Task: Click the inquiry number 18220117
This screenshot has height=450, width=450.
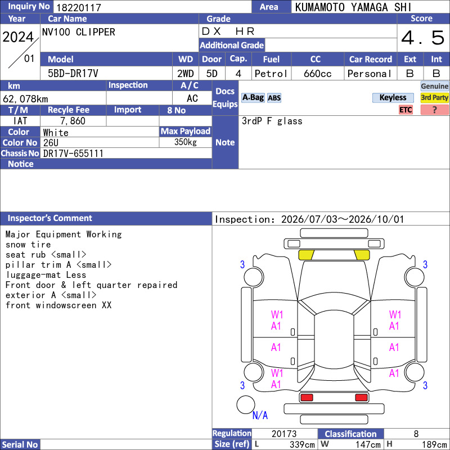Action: (79, 7)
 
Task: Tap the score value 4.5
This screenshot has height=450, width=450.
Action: (423, 38)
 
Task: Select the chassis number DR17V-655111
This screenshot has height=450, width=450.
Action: (73, 153)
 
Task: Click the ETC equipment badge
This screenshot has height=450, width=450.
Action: (406, 110)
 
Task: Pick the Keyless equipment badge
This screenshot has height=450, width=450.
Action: (393, 97)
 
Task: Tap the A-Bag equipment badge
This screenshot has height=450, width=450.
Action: (253, 97)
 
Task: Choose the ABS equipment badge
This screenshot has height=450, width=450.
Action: (274, 98)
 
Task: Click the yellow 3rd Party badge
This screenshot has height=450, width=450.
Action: (434, 97)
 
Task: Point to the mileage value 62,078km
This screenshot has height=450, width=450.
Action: (25, 99)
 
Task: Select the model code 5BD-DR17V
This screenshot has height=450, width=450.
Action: (73, 74)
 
